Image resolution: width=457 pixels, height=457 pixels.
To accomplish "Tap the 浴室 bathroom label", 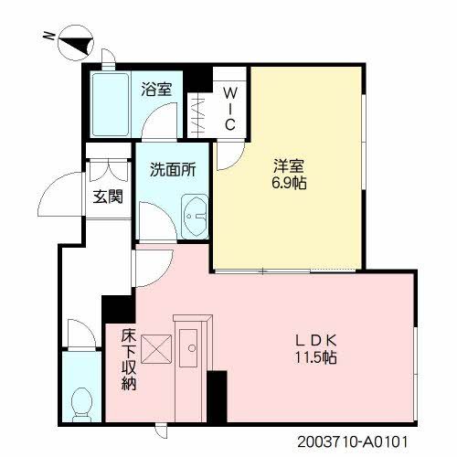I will pos(157,90).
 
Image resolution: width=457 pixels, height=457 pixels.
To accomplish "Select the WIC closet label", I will pos(230,108).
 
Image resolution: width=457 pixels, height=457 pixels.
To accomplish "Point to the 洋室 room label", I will pos(289,165).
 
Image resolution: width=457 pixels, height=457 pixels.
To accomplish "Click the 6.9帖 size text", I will pos(289,183).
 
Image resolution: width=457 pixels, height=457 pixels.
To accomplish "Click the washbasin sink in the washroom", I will pos(194,218).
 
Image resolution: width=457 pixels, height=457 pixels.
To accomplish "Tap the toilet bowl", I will pos(81,399).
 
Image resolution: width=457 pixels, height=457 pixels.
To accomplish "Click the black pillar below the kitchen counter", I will pos(217,396).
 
